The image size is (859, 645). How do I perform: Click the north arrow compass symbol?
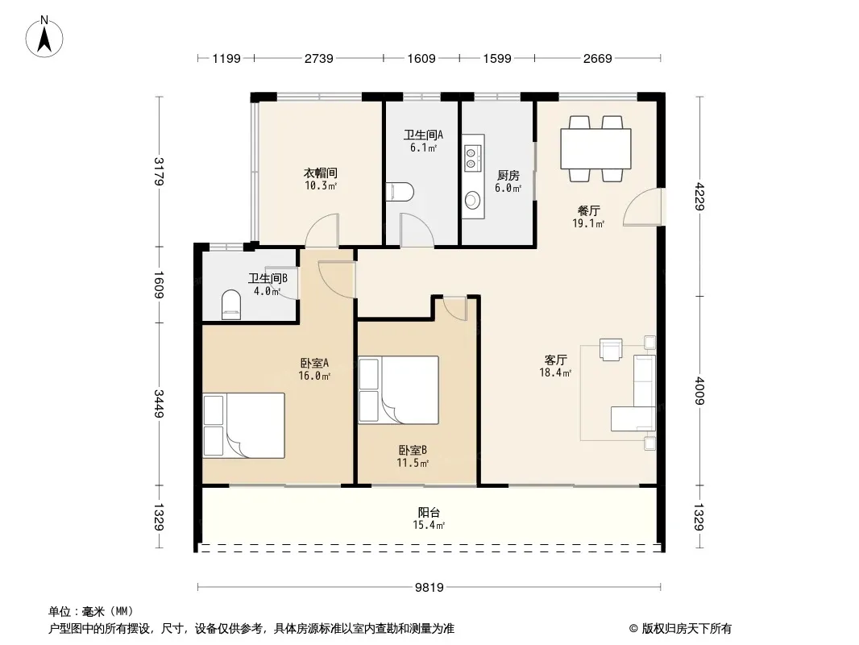click(44, 37)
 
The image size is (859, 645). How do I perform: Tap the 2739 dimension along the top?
click(319, 59)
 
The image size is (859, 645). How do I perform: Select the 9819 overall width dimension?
click(429, 588)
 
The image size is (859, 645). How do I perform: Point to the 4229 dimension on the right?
click(699, 197)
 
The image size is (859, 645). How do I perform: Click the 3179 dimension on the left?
click(159, 172)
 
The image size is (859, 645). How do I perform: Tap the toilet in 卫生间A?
click(400, 192)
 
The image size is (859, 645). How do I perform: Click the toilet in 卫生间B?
click(231, 305)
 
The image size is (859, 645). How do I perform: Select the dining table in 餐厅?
click(595, 148)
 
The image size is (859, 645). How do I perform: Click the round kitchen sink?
click(472, 199)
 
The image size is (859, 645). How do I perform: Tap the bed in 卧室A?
click(244, 425)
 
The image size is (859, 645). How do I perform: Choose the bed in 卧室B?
click(398, 390)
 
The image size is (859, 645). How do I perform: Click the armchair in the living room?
click(611, 350)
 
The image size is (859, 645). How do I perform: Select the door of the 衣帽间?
click(322, 231)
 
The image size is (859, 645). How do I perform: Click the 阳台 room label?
click(429, 513)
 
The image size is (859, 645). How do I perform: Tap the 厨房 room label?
click(508, 176)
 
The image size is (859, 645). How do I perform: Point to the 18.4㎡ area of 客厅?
click(555, 372)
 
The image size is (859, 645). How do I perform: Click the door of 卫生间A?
click(417, 231)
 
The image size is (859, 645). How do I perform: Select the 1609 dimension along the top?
click(421, 59)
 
